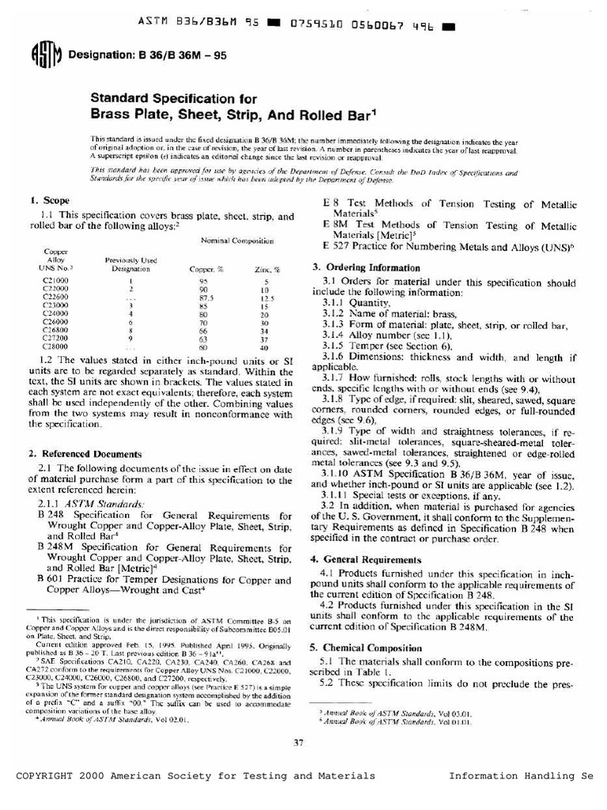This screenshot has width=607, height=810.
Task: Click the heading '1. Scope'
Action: pyautogui.click(x=49, y=202)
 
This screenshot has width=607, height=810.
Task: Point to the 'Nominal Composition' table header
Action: pyautogui.click(x=237, y=239)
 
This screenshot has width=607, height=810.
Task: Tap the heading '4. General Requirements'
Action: pyautogui.click(x=366, y=559)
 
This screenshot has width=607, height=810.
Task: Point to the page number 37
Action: pyautogui.click(x=299, y=742)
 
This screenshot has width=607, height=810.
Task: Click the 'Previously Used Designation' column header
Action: pyautogui.click(x=131, y=264)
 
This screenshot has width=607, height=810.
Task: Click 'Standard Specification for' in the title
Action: pyautogui.click(x=172, y=99)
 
